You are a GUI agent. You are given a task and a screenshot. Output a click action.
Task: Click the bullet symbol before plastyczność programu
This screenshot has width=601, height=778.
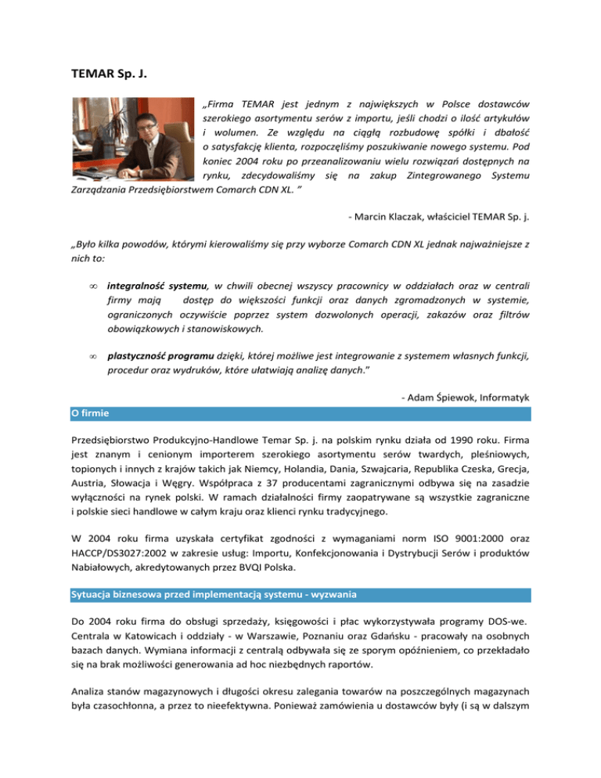click(92, 356)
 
